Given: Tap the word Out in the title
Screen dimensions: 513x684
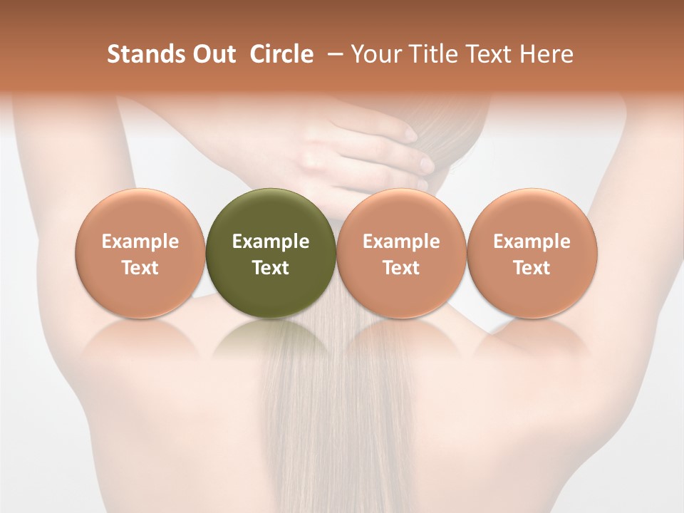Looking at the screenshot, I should pyautogui.click(x=212, y=54).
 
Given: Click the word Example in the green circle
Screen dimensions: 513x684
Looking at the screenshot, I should pyautogui.click(x=271, y=242).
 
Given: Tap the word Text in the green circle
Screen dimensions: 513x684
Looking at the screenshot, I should pyautogui.click(x=271, y=268).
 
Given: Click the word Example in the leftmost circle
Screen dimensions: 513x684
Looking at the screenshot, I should pyautogui.click(x=140, y=242).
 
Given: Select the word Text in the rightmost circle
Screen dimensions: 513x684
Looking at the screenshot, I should pyautogui.click(x=532, y=268).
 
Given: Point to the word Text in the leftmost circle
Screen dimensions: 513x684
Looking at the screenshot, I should pyautogui.click(x=140, y=268).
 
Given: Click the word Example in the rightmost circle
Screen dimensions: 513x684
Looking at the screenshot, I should pyautogui.click(x=532, y=242).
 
